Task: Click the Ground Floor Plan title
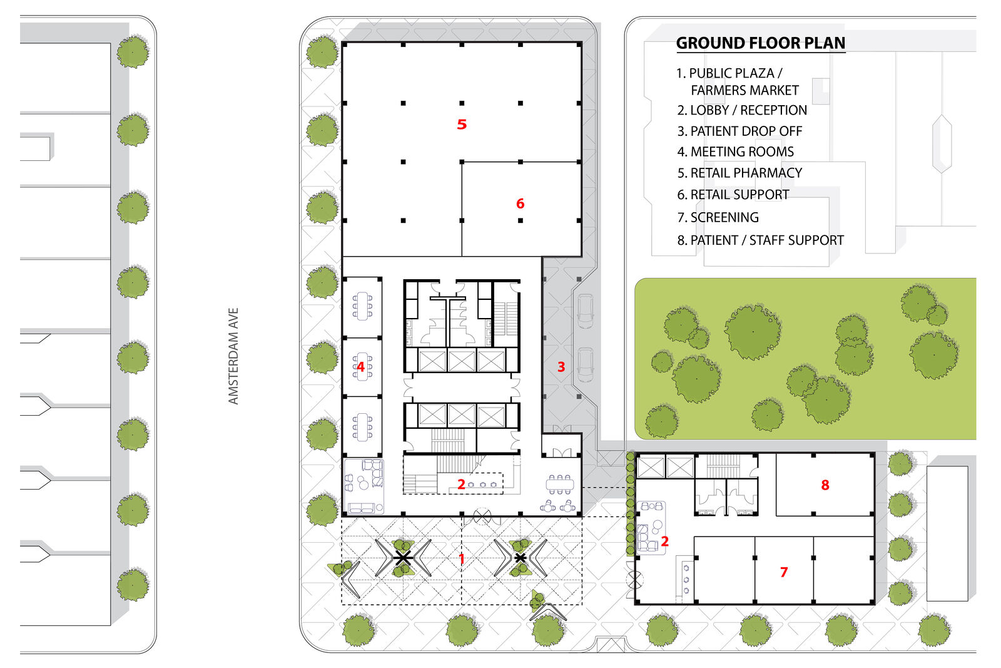[x=761, y=43]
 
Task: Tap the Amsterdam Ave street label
[x=233, y=356]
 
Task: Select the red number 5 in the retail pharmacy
[x=462, y=125]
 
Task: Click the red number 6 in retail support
[x=520, y=204]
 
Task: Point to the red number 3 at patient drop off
[x=561, y=367]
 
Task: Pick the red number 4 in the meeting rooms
[x=360, y=367]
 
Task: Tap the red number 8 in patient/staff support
[x=825, y=485]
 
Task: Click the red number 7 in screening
[x=784, y=572]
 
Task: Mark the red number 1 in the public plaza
[x=462, y=558]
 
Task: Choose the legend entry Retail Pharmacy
[x=739, y=173]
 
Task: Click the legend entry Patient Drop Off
[x=739, y=131]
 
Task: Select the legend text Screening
[x=718, y=218]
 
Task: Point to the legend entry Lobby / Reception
[x=742, y=110]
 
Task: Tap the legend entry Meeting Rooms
[x=736, y=152]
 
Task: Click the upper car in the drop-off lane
[x=586, y=311]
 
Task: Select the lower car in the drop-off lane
[x=586, y=365]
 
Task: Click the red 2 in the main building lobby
[x=461, y=484]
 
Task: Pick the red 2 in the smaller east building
[x=664, y=542]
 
